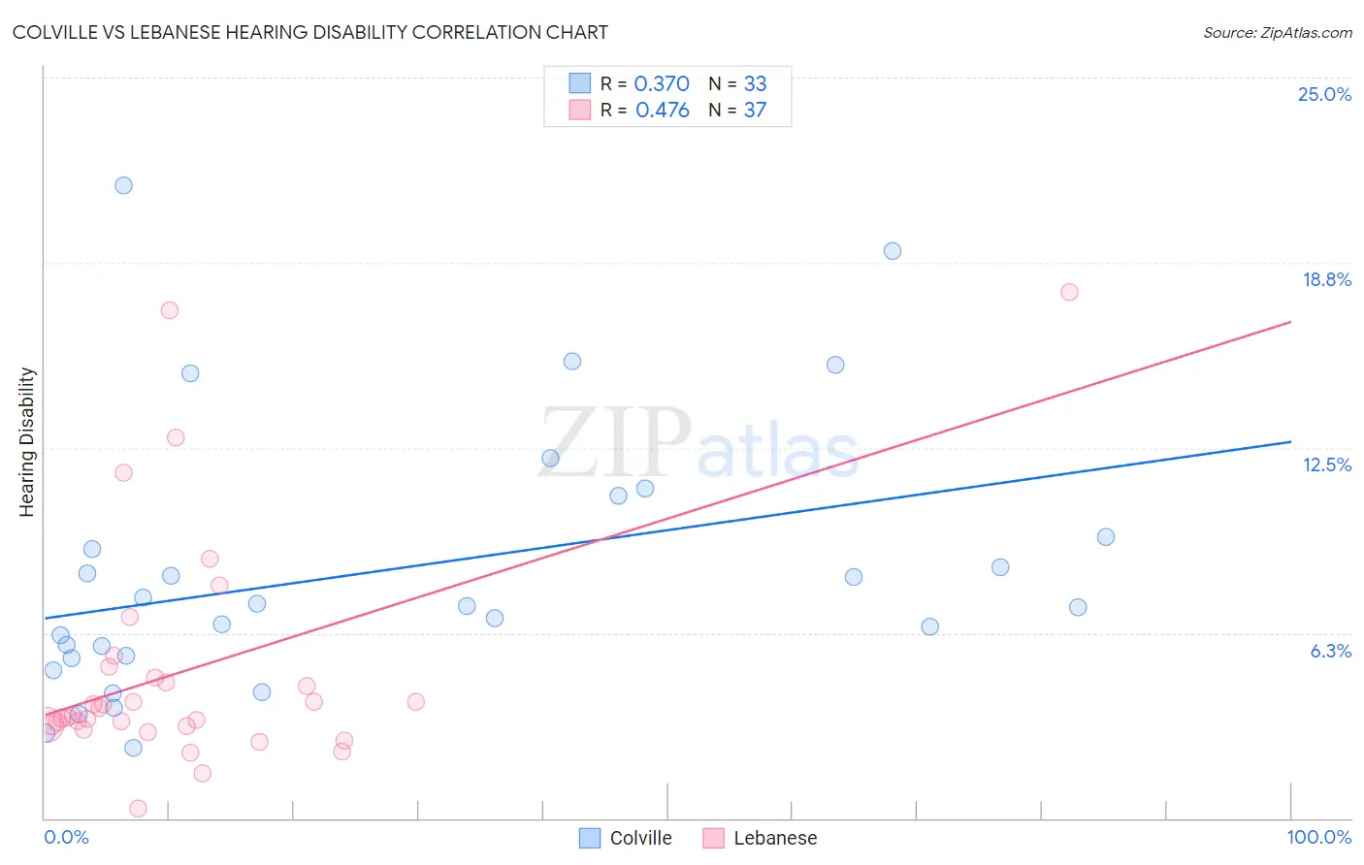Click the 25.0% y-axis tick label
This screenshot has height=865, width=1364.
click(1324, 94)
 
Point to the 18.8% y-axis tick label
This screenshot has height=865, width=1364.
click(1326, 279)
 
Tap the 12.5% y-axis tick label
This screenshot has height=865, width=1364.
click(1326, 465)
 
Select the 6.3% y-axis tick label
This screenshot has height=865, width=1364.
click(1330, 651)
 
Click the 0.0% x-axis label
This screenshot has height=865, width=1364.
click(66, 837)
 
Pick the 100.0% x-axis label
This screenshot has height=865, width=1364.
click(1318, 837)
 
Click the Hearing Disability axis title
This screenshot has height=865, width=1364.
click(26, 441)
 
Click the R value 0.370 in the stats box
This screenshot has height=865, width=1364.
click(661, 84)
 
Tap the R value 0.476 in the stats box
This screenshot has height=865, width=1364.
click(662, 111)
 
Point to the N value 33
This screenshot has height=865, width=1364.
click(755, 84)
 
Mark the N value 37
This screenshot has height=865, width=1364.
click(755, 111)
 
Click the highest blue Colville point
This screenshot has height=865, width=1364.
click(123, 185)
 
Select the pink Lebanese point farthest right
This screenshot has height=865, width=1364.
click(1069, 292)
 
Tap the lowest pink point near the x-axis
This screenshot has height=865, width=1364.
click(138, 809)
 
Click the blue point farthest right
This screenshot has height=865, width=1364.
click(1105, 537)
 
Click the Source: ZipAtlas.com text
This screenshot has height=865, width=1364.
click(1277, 33)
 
